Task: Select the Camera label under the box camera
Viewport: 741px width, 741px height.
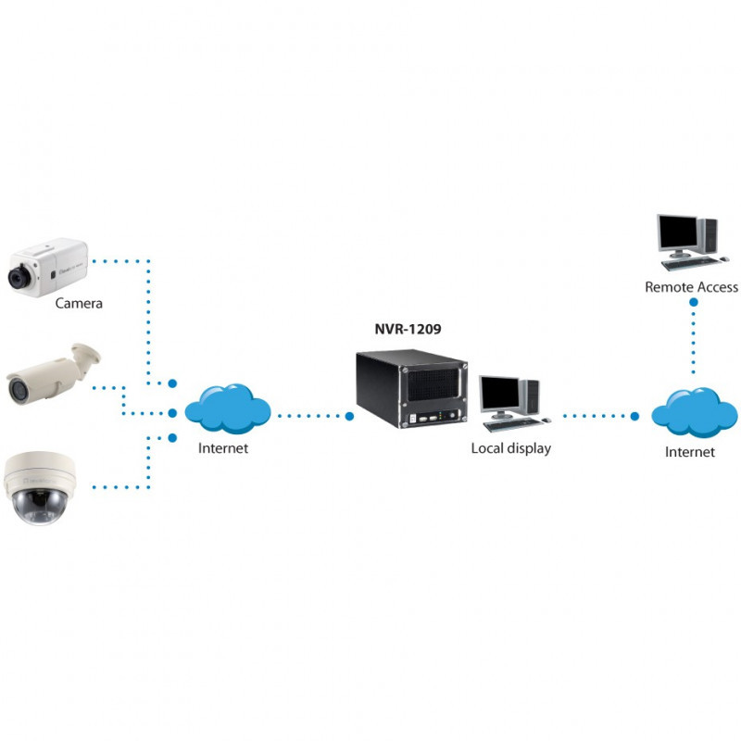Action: [x=79, y=303]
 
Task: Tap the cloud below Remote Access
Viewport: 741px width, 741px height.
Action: [x=693, y=411]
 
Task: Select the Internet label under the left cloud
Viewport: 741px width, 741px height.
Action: [x=223, y=448]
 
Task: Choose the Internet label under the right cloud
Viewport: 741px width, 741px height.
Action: [x=690, y=452]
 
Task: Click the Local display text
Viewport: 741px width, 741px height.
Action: [x=510, y=448]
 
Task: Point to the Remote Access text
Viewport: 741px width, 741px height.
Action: [x=691, y=287]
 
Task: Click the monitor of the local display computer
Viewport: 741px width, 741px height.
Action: [x=498, y=396]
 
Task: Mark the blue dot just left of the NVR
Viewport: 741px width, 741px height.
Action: [x=349, y=417]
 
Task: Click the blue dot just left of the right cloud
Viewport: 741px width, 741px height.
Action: [x=634, y=416]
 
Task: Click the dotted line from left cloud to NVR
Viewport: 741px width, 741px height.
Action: [x=310, y=417]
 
